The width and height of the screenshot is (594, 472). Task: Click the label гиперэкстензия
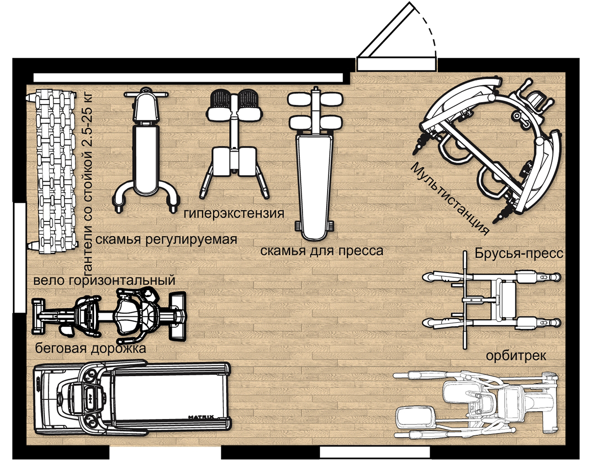(x=234, y=213)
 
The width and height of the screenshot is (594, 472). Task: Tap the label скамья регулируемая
(x=166, y=240)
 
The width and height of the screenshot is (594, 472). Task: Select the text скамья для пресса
(x=322, y=251)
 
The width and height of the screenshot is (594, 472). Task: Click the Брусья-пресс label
(x=519, y=253)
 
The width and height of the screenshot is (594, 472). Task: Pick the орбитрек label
(x=516, y=356)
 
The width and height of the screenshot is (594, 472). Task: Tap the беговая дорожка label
(x=90, y=348)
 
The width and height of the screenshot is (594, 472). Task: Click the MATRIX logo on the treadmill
(x=201, y=417)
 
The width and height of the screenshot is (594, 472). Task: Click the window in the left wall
(x=20, y=258)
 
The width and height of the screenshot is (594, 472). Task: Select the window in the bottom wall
(x=375, y=452)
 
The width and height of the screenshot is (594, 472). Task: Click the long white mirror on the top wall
(x=188, y=78)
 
